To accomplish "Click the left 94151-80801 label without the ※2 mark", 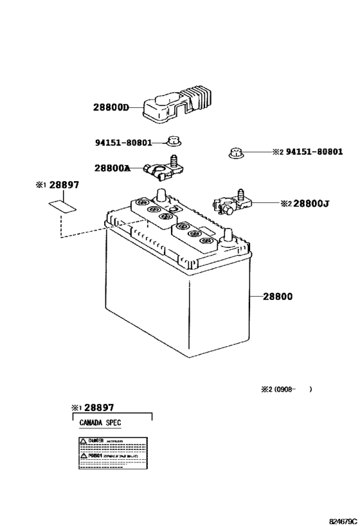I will (x=125, y=143).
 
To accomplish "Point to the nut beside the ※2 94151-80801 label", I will (x=235, y=153).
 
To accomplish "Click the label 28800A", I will (x=112, y=168).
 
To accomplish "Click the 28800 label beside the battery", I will (x=277, y=297).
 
